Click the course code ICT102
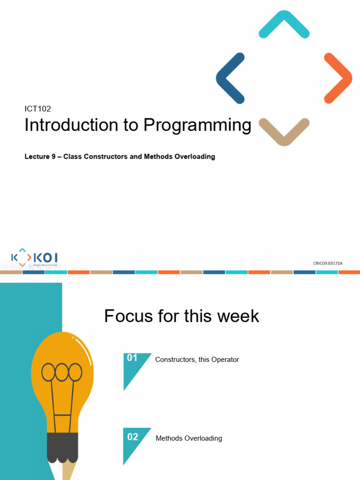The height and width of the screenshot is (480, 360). coord(37,109)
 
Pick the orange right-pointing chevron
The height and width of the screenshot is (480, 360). coord(338,78)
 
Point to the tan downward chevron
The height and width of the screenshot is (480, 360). coord(284,131)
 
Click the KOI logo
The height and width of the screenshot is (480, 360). coord(35,258)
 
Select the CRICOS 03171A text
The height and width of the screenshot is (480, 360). coord(328,263)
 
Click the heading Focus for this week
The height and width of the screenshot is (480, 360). coord(181,316)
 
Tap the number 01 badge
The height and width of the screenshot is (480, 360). coord(132,358)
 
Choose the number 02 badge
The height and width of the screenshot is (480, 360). coord(133,437)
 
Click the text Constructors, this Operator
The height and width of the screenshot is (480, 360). coord(197,360)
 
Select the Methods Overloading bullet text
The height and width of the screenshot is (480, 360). coord(188,438)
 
